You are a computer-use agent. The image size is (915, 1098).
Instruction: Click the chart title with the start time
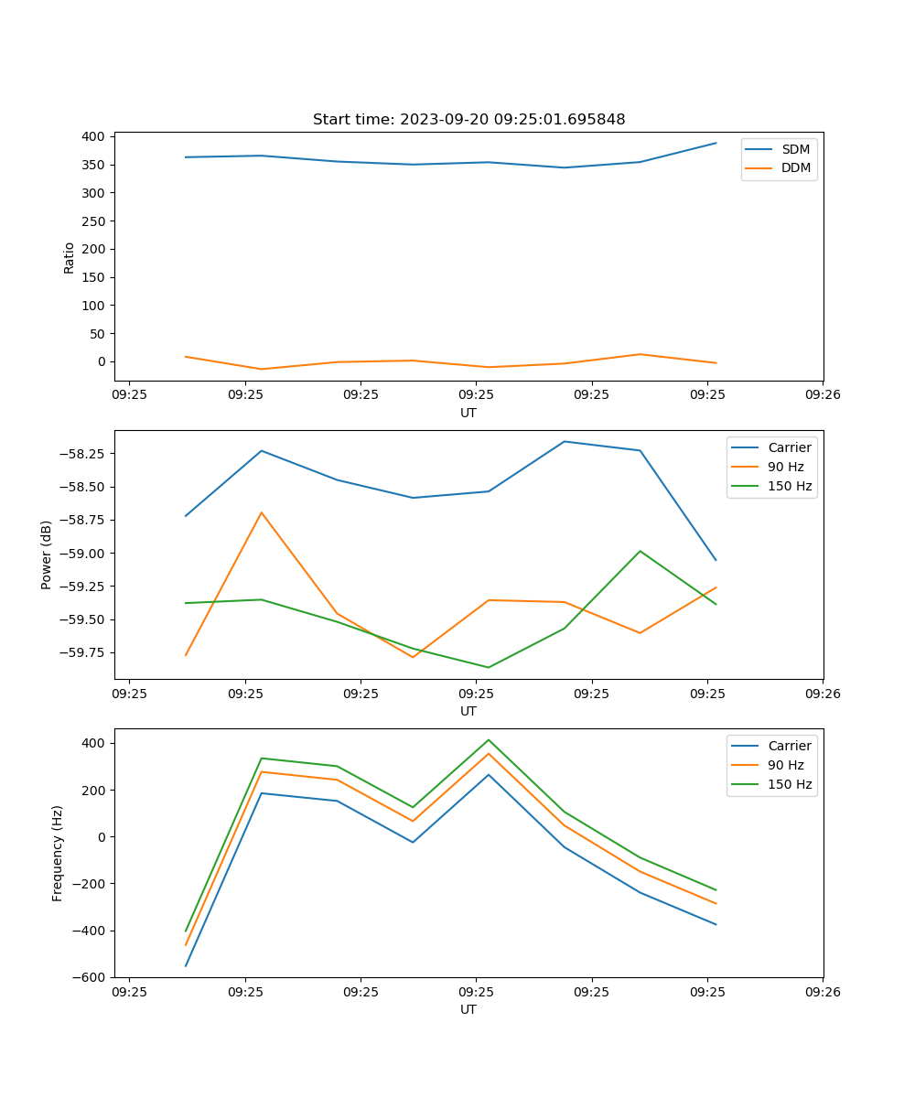coord(468,120)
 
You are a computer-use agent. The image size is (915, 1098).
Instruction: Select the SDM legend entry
coord(795,149)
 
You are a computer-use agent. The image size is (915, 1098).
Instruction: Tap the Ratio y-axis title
coord(70,257)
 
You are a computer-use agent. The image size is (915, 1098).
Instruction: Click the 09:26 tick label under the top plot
coord(822,394)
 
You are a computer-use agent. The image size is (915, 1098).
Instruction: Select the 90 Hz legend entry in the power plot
coord(786,467)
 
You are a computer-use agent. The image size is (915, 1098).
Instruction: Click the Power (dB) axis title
coord(47,554)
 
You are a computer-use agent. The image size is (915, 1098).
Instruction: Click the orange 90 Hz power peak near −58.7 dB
coord(262,512)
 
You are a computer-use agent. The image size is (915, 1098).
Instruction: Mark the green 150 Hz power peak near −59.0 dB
coord(640,551)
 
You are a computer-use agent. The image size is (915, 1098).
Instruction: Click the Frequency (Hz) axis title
coord(58,853)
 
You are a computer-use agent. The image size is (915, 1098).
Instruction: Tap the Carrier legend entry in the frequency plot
coord(789,746)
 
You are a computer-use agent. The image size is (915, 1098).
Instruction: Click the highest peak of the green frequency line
coord(488,739)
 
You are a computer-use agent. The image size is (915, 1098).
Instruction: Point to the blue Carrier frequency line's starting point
coord(186,965)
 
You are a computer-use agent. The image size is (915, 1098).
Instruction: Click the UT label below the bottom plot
coord(468,1009)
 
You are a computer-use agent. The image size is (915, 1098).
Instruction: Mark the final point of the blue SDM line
coord(716,143)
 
